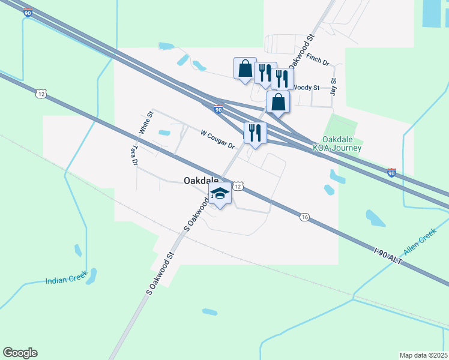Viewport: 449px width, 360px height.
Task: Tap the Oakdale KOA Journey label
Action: pos(337,143)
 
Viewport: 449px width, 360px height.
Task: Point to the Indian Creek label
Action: pos(65,280)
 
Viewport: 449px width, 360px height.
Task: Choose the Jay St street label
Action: pos(333,86)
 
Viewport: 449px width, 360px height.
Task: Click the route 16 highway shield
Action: pos(305,218)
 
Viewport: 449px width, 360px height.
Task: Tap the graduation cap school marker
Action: pos(220,194)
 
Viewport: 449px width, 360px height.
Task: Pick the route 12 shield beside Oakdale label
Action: pos(238,187)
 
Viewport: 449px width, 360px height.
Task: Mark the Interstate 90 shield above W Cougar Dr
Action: pos(218,109)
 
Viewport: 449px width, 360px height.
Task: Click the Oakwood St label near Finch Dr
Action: pos(302,50)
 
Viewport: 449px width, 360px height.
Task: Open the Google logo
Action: pos(20,353)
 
